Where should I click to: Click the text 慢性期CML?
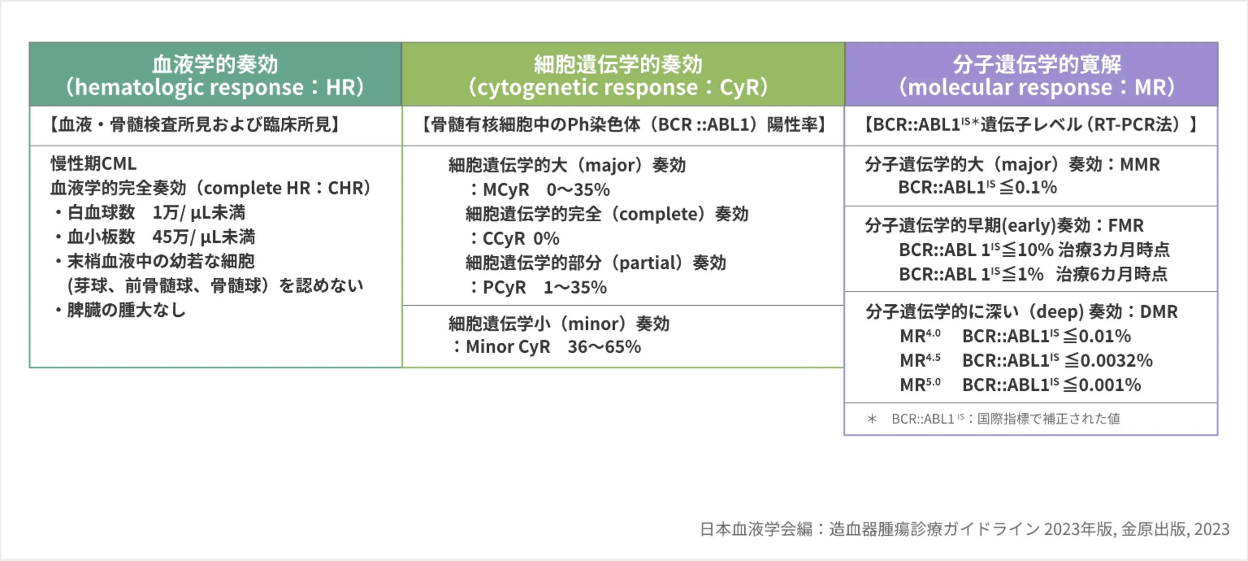pyautogui.click(x=93, y=164)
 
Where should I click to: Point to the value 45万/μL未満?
pyautogui.click(x=204, y=237)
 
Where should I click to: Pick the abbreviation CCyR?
pyautogui.click(x=504, y=239)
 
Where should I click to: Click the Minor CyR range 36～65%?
pyautogui.click(x=604, y=347)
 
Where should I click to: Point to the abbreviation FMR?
pyautogui.click(x=1126, y=226)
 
